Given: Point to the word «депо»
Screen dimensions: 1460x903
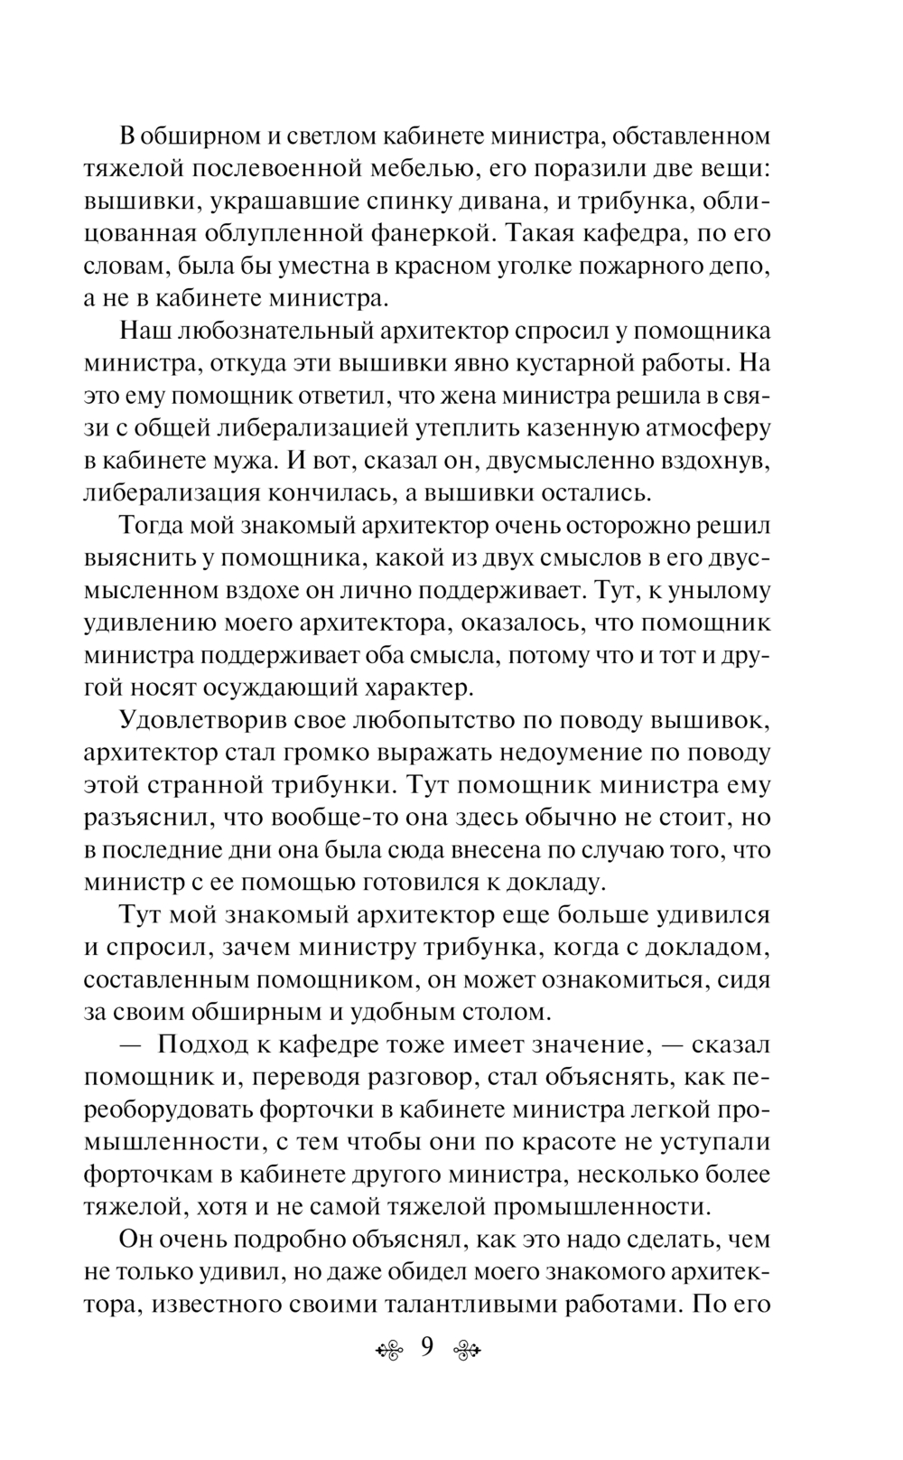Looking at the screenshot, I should tap(741, 267).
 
